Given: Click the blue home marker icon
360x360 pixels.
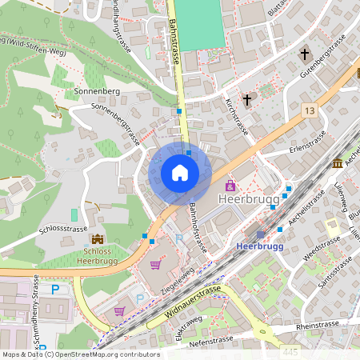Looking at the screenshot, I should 180,173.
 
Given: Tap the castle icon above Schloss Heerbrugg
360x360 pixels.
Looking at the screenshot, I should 98,239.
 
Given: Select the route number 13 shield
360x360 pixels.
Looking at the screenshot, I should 310,110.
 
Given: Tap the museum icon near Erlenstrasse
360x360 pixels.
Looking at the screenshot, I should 338,163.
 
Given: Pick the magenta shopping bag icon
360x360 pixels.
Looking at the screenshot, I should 230,186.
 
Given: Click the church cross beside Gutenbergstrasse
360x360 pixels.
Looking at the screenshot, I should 304,54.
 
